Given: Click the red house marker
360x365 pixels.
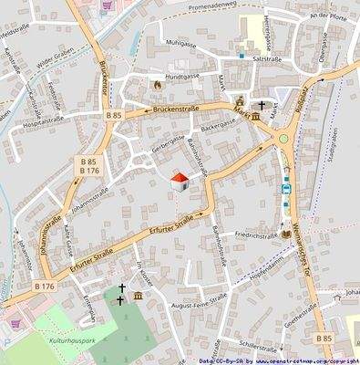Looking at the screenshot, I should click(180, 180).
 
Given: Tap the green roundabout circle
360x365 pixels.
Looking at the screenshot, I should click(283, 139).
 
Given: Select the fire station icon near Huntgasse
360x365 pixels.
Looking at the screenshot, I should click(157, 85).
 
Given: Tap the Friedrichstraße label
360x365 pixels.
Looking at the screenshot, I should click(256, 235).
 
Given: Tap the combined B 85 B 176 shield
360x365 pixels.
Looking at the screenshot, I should click(89, 164).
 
